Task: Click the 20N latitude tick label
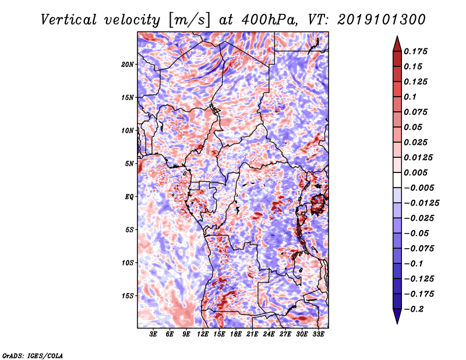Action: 128,64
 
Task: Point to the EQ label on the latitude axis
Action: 130,197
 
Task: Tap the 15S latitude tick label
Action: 128,296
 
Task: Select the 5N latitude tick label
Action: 129,164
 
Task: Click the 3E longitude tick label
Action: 154,335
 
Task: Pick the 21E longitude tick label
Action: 252,335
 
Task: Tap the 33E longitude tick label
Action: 318,335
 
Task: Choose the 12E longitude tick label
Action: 203,335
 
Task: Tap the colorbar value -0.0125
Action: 423,203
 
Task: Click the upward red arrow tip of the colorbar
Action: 396,38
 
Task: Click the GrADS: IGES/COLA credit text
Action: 32,355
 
